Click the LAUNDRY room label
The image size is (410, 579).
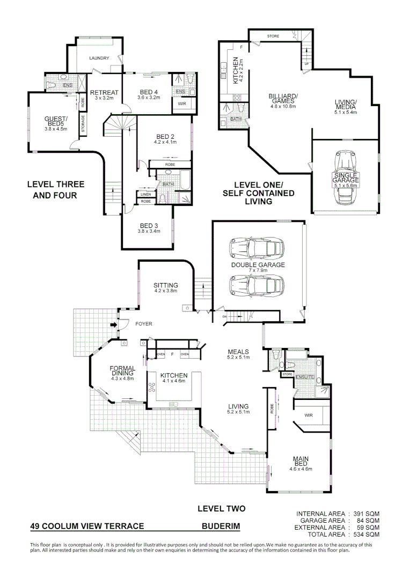pyautogui.click(x=100, y=58)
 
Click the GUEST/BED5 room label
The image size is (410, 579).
pyautogui.click(x=55, y=121)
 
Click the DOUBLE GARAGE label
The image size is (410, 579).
pyautogui.click(x=258, y=265)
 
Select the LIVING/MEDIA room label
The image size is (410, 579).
pyautogui.click(x=346, y=106)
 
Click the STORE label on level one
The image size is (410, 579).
pyautogui.click(x=273, y=36)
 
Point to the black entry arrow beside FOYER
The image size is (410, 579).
pyautogui.click(x=114, y=324)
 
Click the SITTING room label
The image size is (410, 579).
pyautogui.click(x=165, y=285)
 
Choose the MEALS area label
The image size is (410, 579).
pyautogui.click(x=238, y=352)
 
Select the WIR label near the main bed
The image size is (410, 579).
pyautogui.click(x=309, y=414)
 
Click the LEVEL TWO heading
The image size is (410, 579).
pyautogui.click(x=221, y=508)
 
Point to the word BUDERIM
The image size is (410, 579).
pyautogui.click(x=221, y=526)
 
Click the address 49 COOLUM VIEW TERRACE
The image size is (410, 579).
pyautogui.click(x=87, y=526)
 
